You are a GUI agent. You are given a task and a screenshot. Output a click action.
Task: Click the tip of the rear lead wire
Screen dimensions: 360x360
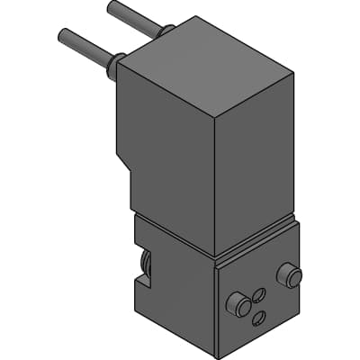(112, 6)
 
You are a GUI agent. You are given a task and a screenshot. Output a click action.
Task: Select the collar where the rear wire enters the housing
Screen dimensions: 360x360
(165, 32)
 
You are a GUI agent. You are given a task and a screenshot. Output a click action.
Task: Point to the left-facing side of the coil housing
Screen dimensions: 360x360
(166, 162)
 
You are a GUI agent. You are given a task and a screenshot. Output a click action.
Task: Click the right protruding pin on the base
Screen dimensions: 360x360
(289, 274)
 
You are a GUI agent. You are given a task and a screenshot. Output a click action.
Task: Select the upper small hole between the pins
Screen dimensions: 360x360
(259, 293)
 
